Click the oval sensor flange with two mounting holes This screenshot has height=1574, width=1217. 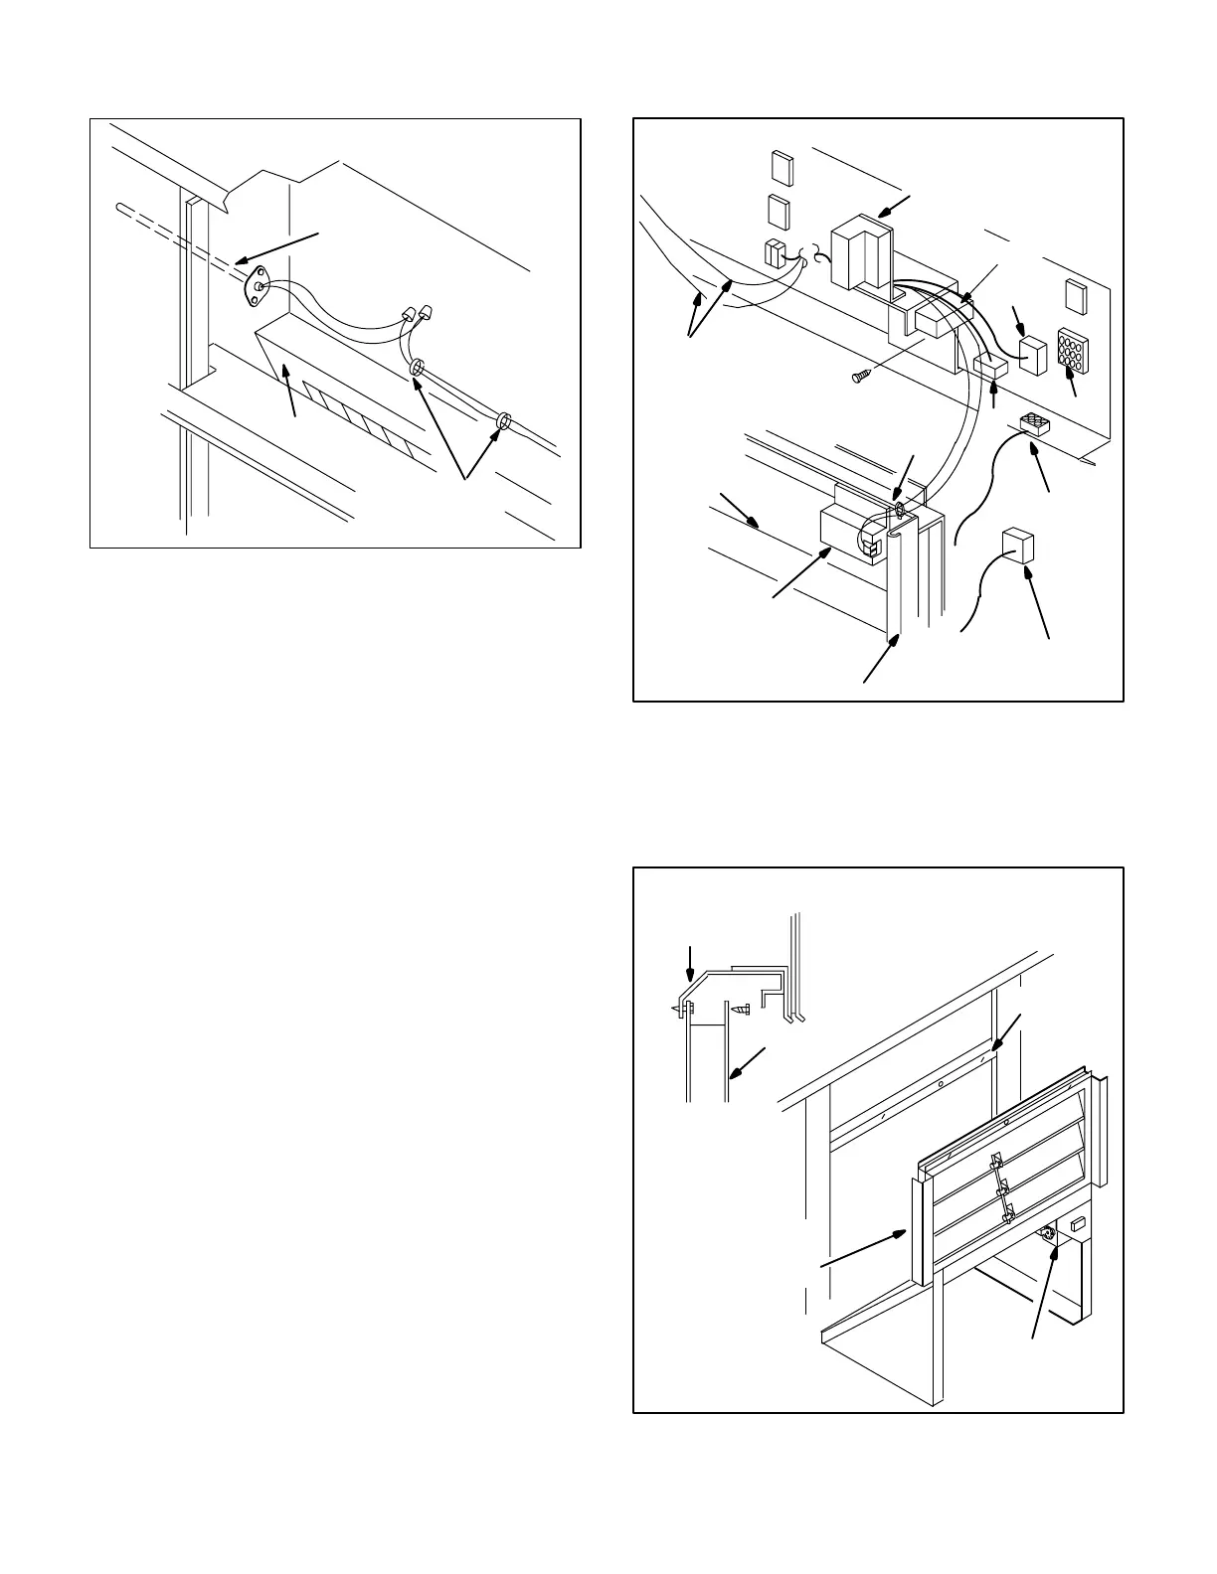tap(258, 288)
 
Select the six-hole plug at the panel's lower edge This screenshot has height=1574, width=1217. tap(1035, 426)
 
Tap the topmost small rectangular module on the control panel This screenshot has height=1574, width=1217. tap(782, 167)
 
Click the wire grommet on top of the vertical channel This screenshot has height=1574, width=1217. tap(898, 510)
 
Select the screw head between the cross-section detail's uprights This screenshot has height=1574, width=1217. tap(739, 1009)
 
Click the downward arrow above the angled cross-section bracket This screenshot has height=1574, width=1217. tap(691, 961)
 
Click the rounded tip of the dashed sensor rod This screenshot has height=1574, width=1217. tap(120, 207)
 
